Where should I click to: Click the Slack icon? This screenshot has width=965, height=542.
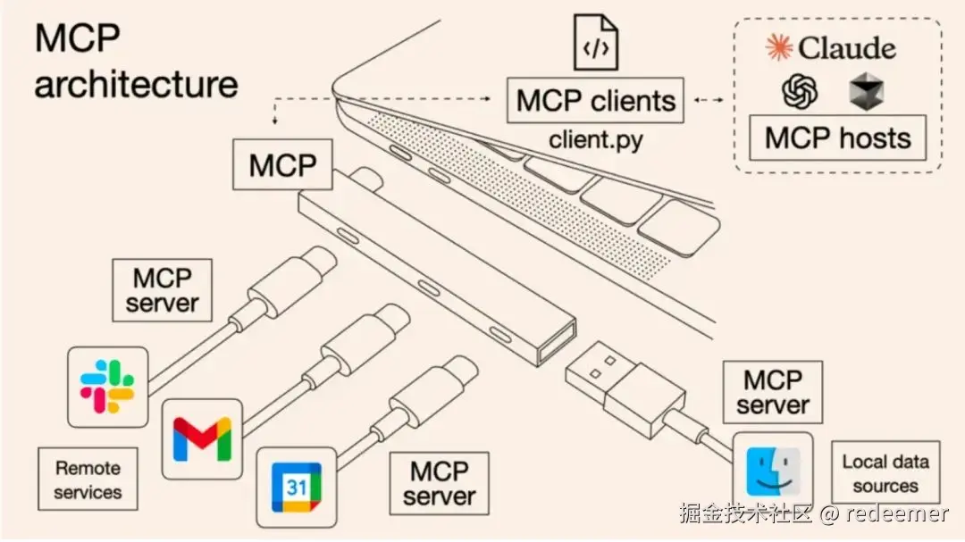point(107,386)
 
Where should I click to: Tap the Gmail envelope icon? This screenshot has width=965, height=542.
point(203,438)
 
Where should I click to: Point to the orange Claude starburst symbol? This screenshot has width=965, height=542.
point(779,46)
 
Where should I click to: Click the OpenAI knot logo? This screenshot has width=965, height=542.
point(801,92)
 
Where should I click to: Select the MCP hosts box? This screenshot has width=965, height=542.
point(837,138)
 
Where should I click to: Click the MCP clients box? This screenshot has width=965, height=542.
point(596,100)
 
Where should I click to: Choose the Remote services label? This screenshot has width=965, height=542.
point(88,479)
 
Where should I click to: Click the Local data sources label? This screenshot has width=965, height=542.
point(885,474)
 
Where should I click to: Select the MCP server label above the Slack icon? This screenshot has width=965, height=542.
point(162,289)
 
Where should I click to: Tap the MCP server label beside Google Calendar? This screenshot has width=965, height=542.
point(439,483)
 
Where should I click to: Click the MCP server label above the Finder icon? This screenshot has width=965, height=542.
point(773,392)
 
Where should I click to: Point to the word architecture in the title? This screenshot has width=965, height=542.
point(136,85)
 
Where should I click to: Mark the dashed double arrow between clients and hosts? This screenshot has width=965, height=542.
point(709,100)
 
